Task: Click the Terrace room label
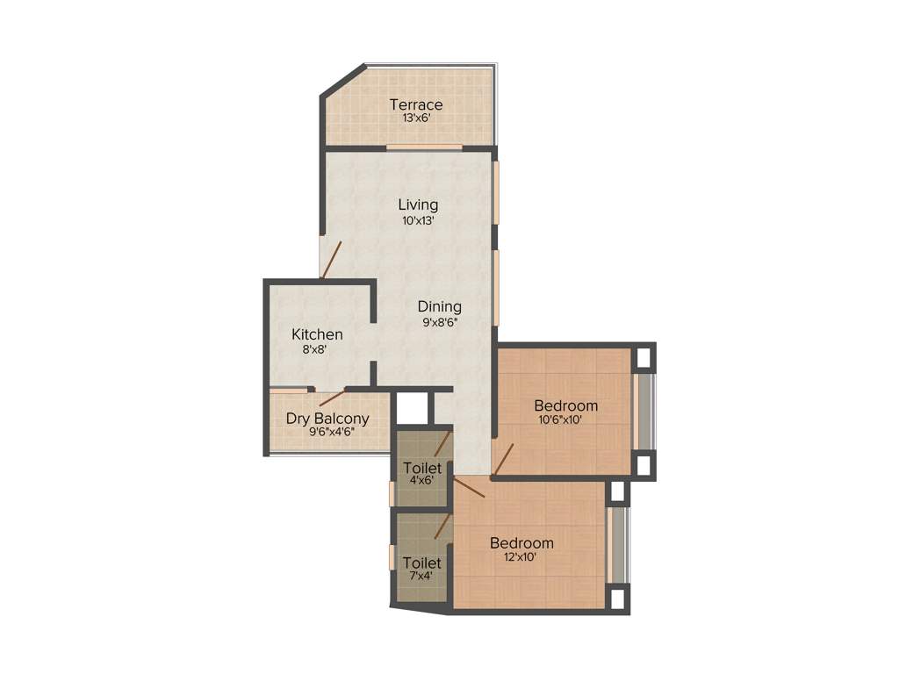[416, 105]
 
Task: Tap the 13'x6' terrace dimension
[416, 120]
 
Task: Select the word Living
[418, 205]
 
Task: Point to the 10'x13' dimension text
[419, 221]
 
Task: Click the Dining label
[439, 306]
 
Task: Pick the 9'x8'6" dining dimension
[440, 322]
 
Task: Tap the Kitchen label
[317, 334]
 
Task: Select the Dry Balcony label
[327, 419]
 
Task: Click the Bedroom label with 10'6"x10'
[566, 405]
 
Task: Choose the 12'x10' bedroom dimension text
[521, 557]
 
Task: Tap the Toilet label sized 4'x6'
[421, 468]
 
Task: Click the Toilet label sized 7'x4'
[421, 563]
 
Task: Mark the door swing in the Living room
[331, 260]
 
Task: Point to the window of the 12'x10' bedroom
[617, 543]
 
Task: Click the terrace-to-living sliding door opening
[424, 147]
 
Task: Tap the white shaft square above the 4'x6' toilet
[411, 409]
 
